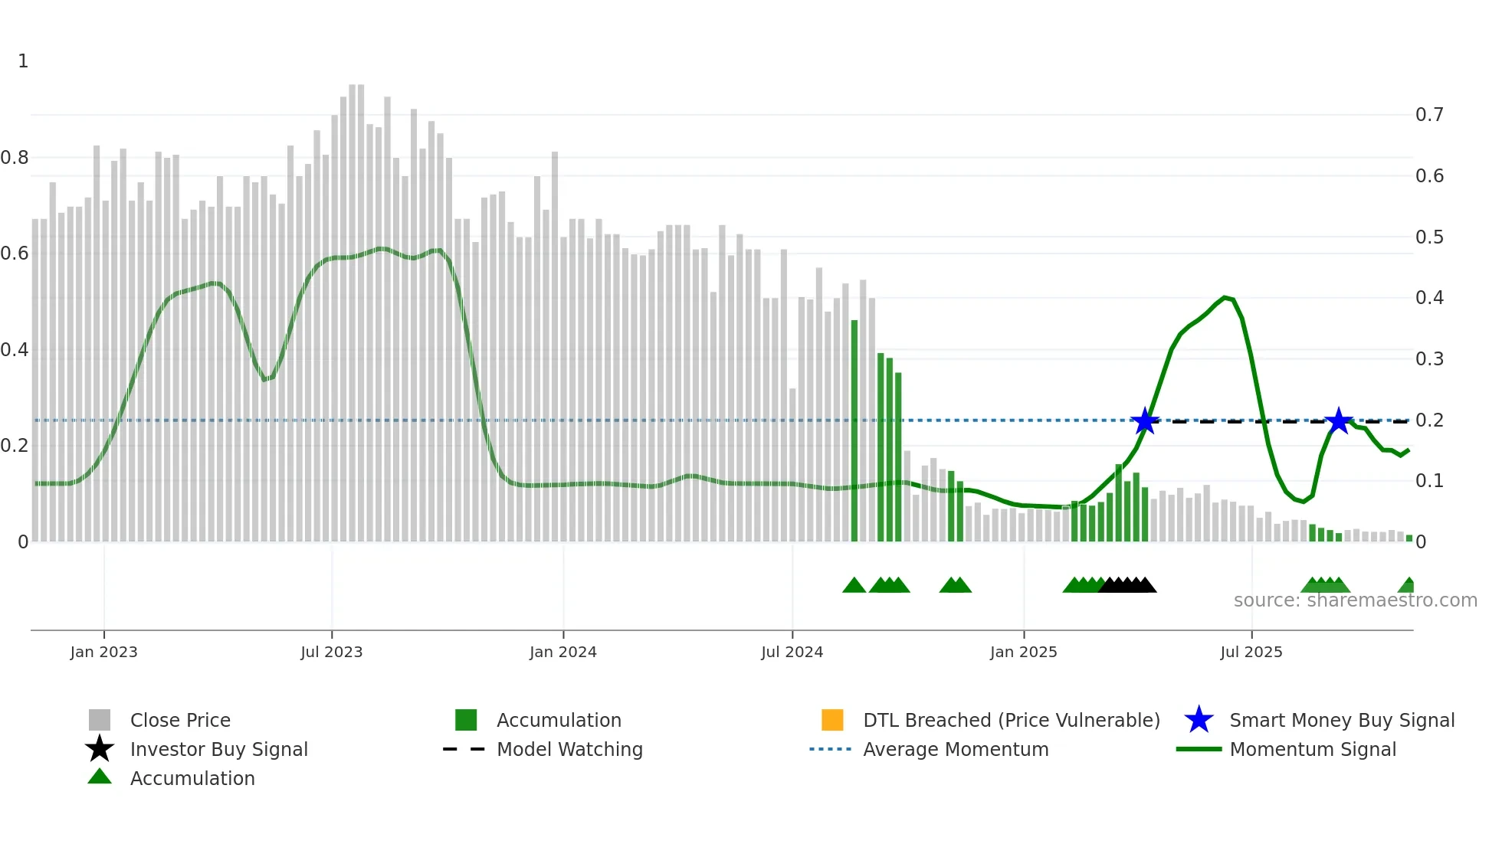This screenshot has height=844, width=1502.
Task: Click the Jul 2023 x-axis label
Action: tap(331, 652)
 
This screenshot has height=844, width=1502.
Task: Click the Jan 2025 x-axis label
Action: tap(1023, 652)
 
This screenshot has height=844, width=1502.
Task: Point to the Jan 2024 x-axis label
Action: tap(562, 652)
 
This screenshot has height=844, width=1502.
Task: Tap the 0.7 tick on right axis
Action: tap(1429, 115)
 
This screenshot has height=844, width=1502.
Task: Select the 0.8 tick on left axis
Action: tap(15, 158)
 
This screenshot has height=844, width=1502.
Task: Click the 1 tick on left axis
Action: tap(23, 61)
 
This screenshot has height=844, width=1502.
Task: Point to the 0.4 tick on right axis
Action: tap(1429, 298)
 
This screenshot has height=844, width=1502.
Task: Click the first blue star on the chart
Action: tap(1145, 420)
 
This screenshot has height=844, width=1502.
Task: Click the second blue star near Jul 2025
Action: tap(1339, 420)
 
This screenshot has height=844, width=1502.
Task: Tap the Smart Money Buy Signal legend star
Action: tap(1199, 720)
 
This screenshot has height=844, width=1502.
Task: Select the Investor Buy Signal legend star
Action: tap(100, 749)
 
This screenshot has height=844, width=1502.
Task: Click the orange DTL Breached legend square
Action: tap(832, 720)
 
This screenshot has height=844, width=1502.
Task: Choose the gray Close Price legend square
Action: tap(100, 720)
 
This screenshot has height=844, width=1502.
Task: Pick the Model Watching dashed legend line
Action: tap(464, 749)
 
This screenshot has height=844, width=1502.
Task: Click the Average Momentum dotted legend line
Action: tap(831, 749)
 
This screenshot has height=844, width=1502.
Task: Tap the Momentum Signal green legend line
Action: tap(1199, 749)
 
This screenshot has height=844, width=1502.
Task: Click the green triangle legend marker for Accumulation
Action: tap(100, 777)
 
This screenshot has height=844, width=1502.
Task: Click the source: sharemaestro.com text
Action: tap(1355, 600)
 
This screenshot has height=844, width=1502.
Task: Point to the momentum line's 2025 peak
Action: tap(1225, 297)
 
